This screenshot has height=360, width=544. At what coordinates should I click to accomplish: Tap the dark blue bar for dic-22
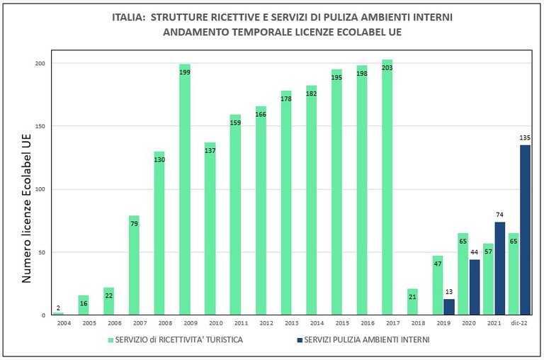(526, 230)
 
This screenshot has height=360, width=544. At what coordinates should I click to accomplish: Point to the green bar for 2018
(413, 302)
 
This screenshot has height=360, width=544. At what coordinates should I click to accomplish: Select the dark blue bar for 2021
(500, 269)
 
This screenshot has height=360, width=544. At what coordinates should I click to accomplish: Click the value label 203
(387, 68)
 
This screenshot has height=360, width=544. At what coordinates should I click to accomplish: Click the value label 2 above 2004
(58, 307)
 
